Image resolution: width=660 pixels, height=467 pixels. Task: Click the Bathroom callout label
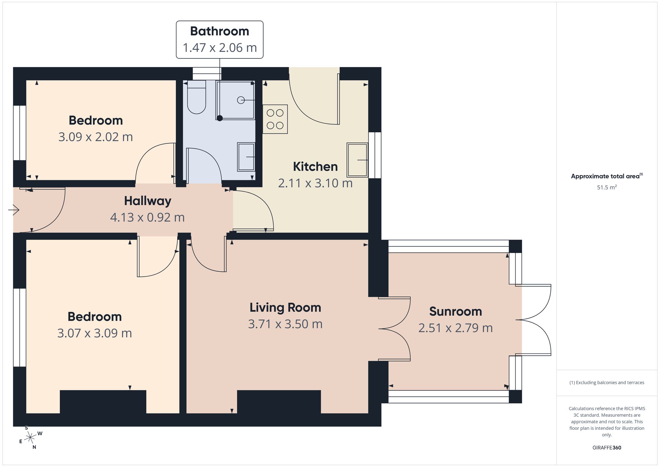(x=219, y=31)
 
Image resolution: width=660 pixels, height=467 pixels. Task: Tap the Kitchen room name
(x=315, y=167)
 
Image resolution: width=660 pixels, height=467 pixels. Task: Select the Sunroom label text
(x=455, y=312)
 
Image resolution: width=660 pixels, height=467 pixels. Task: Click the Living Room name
(x=285, y=308)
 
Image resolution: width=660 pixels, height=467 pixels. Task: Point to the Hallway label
(x=148, y=201)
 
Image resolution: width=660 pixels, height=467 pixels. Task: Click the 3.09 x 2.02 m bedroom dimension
(x=96, y=137)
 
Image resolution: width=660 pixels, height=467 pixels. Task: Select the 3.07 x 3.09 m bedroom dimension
(x=95, y=333)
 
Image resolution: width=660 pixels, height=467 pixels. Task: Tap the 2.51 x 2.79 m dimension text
(x=455, y=328)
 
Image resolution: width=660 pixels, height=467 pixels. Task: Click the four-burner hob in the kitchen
(x=275, y=119)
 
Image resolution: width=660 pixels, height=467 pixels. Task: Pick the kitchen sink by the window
(x=357, y=160)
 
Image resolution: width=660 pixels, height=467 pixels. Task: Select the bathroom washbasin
(x=246, y=157)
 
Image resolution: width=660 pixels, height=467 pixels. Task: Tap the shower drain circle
(x=241, y=100)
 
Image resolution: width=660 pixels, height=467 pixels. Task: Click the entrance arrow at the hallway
(x=14, y=210)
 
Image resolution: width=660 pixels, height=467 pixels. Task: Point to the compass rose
(x=30, y=438)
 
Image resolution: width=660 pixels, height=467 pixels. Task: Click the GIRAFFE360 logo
(x=607, y=448)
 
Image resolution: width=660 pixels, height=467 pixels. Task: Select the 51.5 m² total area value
(x=607, y=187)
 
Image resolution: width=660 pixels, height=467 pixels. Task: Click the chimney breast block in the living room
(x=279, y=402)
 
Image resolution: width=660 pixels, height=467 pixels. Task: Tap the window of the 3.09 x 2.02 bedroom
(x=19, y=133)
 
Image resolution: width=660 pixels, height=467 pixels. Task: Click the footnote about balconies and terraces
(x=607, y=383)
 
